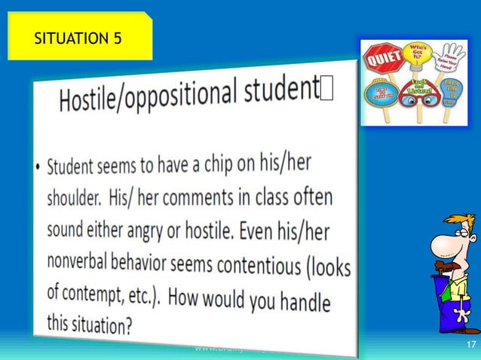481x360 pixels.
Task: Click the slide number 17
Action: click(471, 345)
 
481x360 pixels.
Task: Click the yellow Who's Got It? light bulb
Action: click(418, 56)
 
